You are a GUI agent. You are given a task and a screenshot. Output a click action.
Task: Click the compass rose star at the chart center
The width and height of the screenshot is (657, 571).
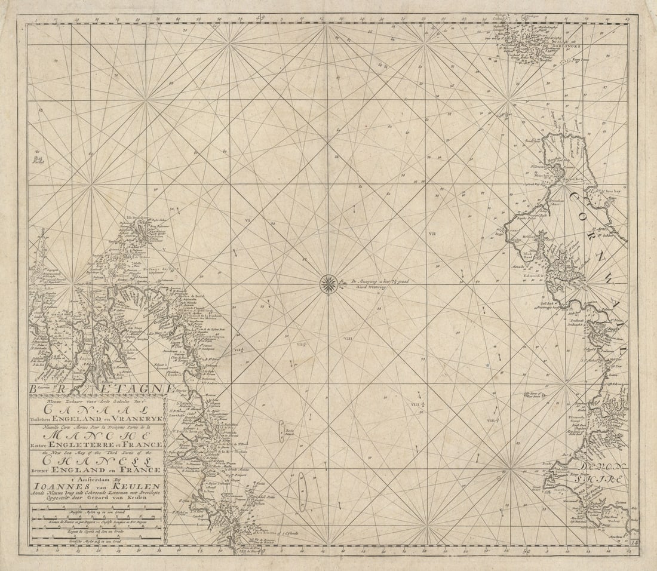(x=328, y=284)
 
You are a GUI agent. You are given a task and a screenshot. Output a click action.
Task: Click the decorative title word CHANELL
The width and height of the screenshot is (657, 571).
(x=94, y=461)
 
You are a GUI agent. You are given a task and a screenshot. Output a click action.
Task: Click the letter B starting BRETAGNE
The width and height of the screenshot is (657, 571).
(x=35, y=389)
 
